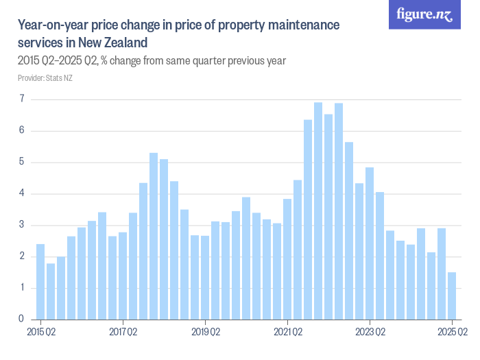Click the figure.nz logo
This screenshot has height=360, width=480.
pyautogui.click(x=425, y=15)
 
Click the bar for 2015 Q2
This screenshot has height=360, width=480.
pyautogui.click(x=40, y=282)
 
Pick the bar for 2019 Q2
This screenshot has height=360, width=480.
pyautogui.click(x=205, y=277)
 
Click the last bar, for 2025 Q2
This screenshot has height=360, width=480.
pyautogui.click(x=452, y=296)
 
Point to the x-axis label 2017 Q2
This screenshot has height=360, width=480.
pyautogui.click(x=123, y=333)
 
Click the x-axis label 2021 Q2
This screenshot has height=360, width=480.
pyautogui.click(x=287, y=333)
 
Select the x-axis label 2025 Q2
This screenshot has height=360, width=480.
pyautogui.click(x=452, y=333)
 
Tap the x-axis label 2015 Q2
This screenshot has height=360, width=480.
pyautogui.click(x=40, y=333)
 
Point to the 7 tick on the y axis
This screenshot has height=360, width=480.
pyautogui.click(x=21, y=99)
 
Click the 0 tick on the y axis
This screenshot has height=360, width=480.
pyautogui.click(x=21, y=320)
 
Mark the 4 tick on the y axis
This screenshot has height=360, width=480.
pyautogui.click(x=21, y=194)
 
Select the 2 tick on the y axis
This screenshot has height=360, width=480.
pyautogui.click(x=21, y=256)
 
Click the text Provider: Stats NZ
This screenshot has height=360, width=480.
pyautogui.click(x=45, y=78)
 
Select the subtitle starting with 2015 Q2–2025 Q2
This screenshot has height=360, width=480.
pyautogui.click(x=152, y=61)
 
